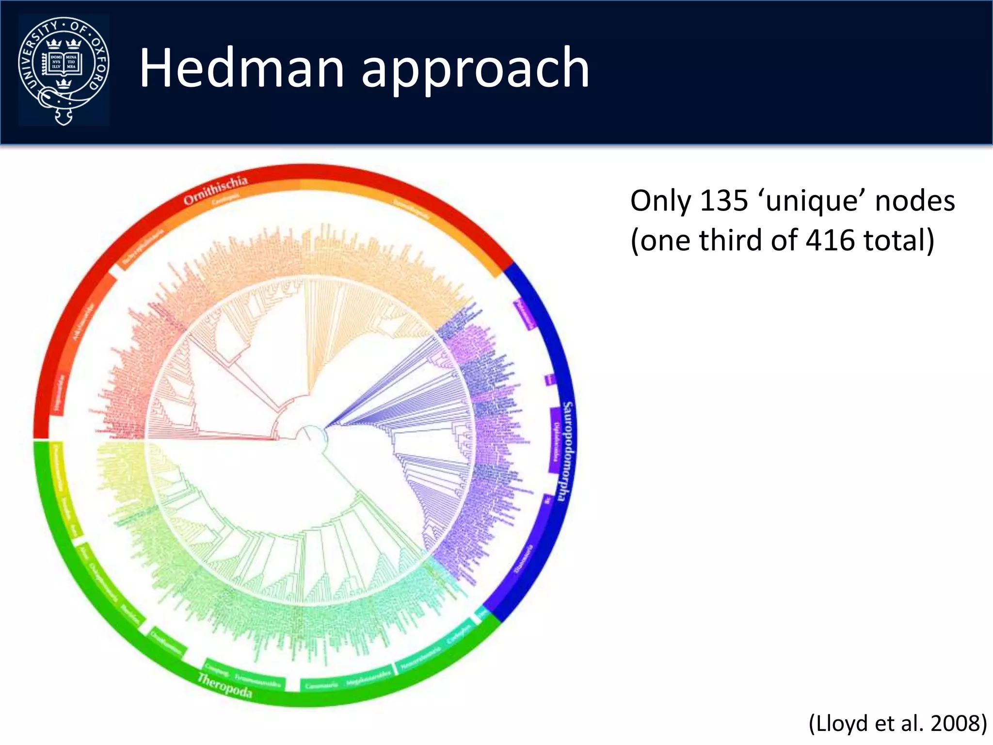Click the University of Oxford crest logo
pyautogui.click(x=64, y=70)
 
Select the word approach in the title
pyautogui.click(x=475, y=70)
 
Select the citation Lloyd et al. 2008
pyautogui.click(x=897, y=723)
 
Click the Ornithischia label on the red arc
pyautogui.click(x=216, y=191)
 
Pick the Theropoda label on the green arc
pyautogui.click(x=224, y=686)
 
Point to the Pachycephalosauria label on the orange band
pyautogui.click(x=143, y=247)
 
